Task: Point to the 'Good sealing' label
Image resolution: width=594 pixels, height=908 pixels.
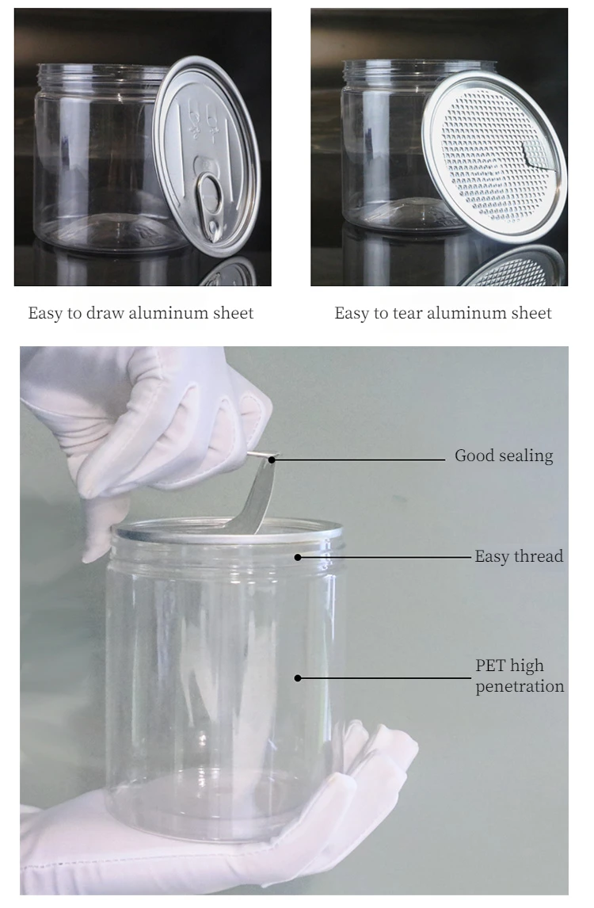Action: (504, 456)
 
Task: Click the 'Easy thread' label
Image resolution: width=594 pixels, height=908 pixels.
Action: (519, 556)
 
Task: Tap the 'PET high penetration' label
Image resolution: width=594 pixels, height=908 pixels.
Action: (520, 676)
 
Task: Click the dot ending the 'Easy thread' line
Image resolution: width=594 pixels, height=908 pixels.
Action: (299, 557)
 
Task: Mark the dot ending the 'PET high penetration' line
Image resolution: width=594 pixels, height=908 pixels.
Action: (299, 677)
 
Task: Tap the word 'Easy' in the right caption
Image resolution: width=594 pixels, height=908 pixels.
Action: (352, 313)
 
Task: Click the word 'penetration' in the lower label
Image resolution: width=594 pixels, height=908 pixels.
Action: (520, 686)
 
